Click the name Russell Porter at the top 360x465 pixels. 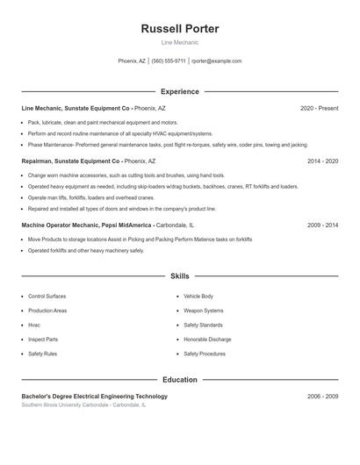[179, 29]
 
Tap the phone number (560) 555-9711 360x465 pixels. [169, 61]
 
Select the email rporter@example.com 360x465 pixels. [216, 61]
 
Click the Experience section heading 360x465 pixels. [179, 91]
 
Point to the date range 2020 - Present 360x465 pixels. [319, 108]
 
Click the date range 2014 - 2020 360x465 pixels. [322, 161]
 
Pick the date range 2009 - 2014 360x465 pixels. [322, 225]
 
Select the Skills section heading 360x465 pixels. [179, 276]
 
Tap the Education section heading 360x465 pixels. [179, 380]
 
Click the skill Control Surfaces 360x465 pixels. [47, 297]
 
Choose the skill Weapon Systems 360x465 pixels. [203, 311]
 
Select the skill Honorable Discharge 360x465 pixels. [207, 340]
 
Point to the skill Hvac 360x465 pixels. [35, 325]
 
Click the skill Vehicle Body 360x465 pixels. [198, 297]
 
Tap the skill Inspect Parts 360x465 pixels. [43, 340]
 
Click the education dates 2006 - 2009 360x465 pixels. [322, 397]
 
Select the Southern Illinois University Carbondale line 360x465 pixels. [84, 405]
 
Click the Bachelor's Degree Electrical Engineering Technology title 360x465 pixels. [94, 397]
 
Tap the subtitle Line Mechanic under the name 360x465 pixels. [179, 42]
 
